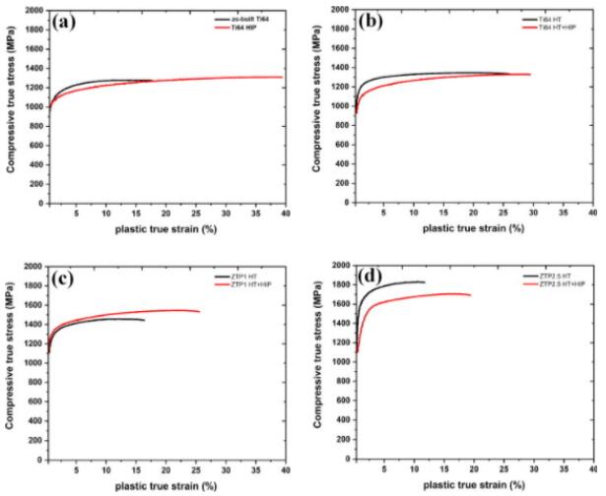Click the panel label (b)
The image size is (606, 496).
point(370,23)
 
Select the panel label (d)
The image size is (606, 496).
point(370,279)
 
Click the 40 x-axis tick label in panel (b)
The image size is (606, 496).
point(591,212)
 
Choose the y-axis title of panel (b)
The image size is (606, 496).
point(317,106)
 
